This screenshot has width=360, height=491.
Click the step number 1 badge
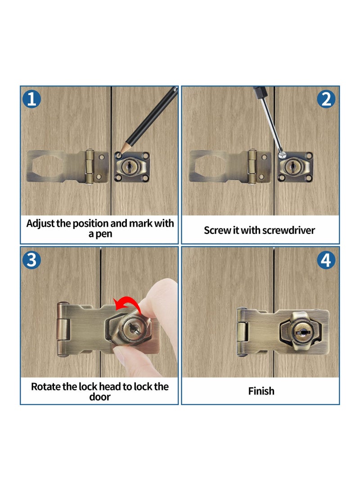(x=31, y=99)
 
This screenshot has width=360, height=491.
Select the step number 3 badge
(x=31, y=260)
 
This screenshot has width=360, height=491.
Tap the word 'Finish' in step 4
(x=261, y=391)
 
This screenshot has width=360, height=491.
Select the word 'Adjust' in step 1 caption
(x=40, y=223)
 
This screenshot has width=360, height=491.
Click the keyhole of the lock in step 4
(x=299, y=332)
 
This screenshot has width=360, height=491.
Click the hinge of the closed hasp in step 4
(x=243, y=332)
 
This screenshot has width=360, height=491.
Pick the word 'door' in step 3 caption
(x=100, y=397)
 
